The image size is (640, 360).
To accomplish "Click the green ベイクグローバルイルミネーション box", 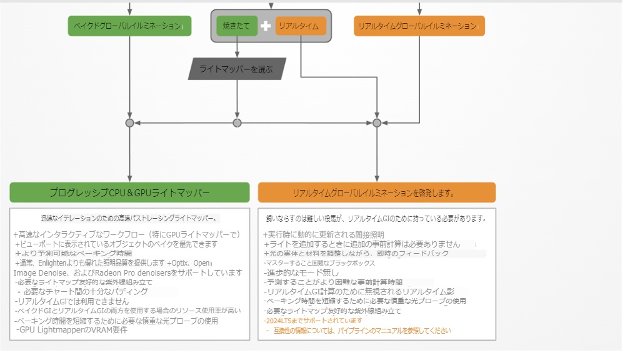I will tap(129, 26).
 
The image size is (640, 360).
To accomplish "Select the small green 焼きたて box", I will tap(236, 26).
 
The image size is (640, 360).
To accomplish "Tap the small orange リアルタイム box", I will tap(300, 26).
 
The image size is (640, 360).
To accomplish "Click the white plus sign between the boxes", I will tap(266, 26).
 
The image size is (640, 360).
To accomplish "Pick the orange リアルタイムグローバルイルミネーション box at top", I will tap(419, 26).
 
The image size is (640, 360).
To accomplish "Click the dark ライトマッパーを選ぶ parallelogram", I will tap(237, 69).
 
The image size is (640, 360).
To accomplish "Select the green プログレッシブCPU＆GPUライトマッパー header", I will tap(129, 192).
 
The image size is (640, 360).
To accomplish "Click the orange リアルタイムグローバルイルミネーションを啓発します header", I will tap(376, 192).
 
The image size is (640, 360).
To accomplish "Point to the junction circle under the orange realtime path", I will tap(376, 123).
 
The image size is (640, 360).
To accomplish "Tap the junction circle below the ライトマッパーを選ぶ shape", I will tap(237, 123).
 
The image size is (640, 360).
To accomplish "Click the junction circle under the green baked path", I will tap(129, 123).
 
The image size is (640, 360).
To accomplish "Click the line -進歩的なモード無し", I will tap(301, 272).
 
